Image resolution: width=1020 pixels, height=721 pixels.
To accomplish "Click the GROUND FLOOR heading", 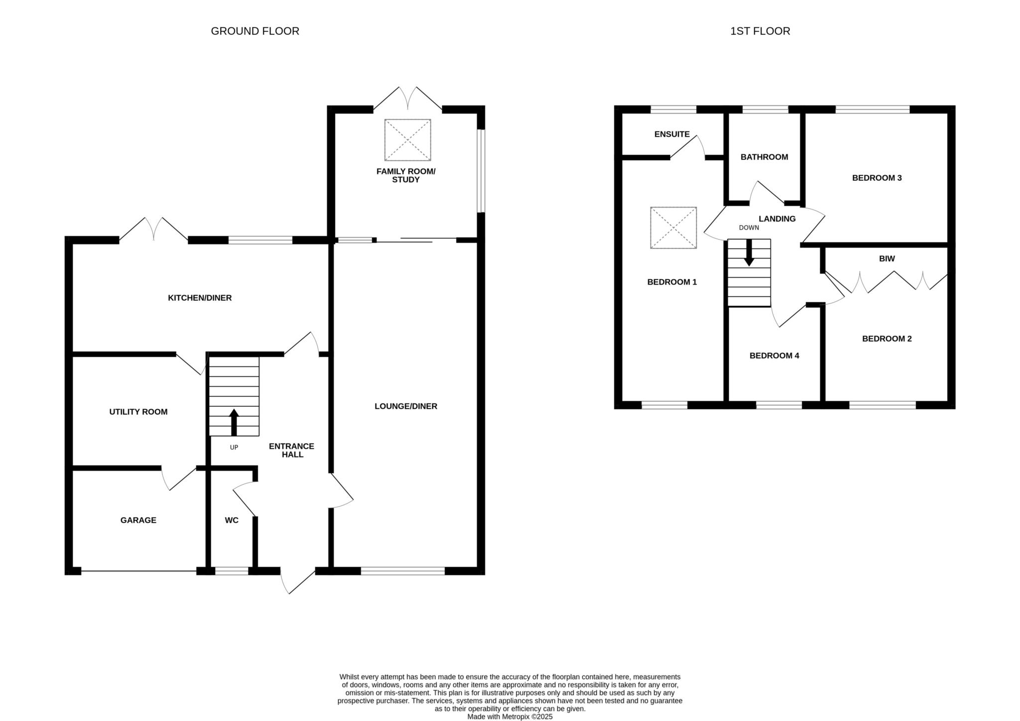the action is click(x=255, y=31).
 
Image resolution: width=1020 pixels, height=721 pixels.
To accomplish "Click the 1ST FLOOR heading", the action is click(x=760, y=31).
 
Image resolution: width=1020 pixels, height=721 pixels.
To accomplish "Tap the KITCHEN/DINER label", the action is click(x=200, y=298).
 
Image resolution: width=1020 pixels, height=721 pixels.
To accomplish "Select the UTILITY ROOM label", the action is click(x=138, y=412).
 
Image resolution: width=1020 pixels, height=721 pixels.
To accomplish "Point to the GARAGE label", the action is click(x=138, y=520).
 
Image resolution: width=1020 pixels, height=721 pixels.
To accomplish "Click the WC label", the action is click(x=232, y=520).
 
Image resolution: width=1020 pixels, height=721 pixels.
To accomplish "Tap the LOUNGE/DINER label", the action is click(x=406, y=406).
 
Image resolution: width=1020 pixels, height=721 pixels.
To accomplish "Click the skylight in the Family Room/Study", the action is click(x=407, y=140).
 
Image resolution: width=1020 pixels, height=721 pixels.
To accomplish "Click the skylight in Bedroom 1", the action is click(x=673, y=228).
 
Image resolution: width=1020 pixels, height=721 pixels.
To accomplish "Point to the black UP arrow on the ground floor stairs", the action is click(x=234, y=422).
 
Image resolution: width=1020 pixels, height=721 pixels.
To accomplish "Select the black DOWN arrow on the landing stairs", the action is click(x=749, y=252).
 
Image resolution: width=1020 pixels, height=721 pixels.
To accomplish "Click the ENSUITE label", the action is click(x=672, y=134).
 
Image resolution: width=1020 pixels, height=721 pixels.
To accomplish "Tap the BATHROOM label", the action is click(x=764, y=157).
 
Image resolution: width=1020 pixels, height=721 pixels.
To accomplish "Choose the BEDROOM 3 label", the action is click(x=877, y=178).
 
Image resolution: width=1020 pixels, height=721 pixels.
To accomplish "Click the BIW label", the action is click(x=887, y=258).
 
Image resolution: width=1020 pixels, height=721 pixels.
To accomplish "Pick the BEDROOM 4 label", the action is click(x=774, y=356).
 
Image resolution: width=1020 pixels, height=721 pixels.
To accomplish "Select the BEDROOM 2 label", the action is click(x=887, y=339).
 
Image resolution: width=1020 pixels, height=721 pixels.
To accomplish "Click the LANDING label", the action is click(x=777, y=219).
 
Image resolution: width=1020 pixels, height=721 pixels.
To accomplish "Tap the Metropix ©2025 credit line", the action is click(x=510, y=717).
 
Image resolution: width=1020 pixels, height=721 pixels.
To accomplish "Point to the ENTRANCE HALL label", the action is click(x=292, y=450).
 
